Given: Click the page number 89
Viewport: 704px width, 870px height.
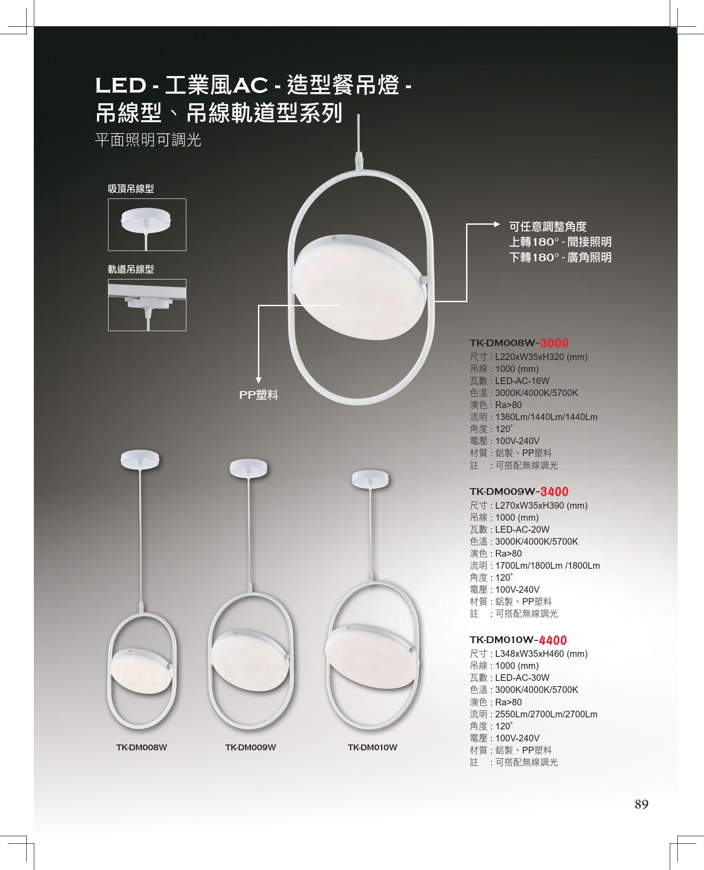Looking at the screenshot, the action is click(641, 804).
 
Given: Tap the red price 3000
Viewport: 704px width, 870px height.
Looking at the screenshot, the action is click(555, 343).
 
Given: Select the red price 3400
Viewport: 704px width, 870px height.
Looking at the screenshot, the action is click(555, 492).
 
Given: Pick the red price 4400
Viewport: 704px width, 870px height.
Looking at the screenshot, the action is click(553, 640).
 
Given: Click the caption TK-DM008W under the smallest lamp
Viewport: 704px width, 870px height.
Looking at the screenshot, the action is click(141, 748).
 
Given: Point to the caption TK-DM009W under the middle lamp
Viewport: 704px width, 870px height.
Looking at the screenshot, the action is click(250, 748).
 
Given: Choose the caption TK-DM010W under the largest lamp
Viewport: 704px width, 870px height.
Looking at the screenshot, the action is click(373, 748).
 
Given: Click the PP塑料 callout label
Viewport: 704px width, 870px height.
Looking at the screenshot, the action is click(258, 395).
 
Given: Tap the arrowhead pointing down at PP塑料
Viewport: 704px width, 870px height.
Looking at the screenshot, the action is click(258, 380).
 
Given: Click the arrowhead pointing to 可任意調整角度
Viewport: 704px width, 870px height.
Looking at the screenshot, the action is click(497, 224).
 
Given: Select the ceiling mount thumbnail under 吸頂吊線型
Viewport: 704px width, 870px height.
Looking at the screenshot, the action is click(147, 225).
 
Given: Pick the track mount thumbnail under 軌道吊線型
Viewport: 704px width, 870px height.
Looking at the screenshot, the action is click(147, 305).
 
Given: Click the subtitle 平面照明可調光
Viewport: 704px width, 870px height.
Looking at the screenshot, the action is click(148, 140).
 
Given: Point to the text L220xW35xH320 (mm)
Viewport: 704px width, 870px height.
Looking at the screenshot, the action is click(541, 357).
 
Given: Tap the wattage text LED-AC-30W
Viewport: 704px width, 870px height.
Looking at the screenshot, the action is click(522, 678).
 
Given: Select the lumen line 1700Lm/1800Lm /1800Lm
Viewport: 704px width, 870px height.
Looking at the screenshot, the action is click(547, 566).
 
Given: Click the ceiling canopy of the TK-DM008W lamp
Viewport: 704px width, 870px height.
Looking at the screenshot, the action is click(140, 459).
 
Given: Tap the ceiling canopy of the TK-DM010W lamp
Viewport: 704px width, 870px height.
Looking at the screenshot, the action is click(370, 479).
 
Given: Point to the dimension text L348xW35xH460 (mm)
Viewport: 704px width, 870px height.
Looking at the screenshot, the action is click(541, 654).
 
